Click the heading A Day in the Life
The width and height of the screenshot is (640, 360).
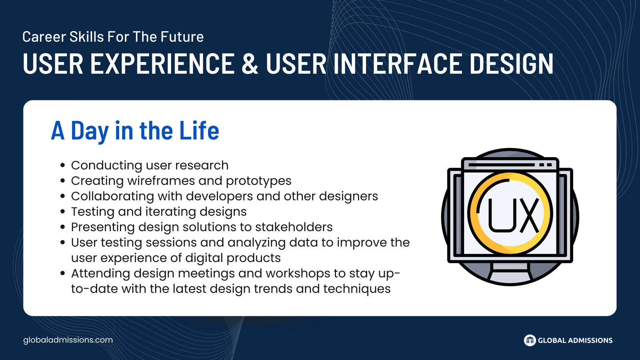pyautogui.click(x=135, y=130)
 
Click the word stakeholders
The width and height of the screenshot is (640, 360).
pyautogui.click(x=294, y=227)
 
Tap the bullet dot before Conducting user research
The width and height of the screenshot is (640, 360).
pyautogui.click(x=63, y=166)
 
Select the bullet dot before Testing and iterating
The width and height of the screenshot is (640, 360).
pyautogui.click(x=63, y=212)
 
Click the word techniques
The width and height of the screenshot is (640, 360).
pyautogui.click(x=357, y=289)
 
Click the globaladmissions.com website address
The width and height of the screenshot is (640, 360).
pyautogui.click(x=68, y=340)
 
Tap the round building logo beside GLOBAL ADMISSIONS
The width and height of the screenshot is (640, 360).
pyautogui.click(x=530, y=340)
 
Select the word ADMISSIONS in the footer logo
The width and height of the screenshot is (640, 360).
pyautogui.click(x=590, y=340)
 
